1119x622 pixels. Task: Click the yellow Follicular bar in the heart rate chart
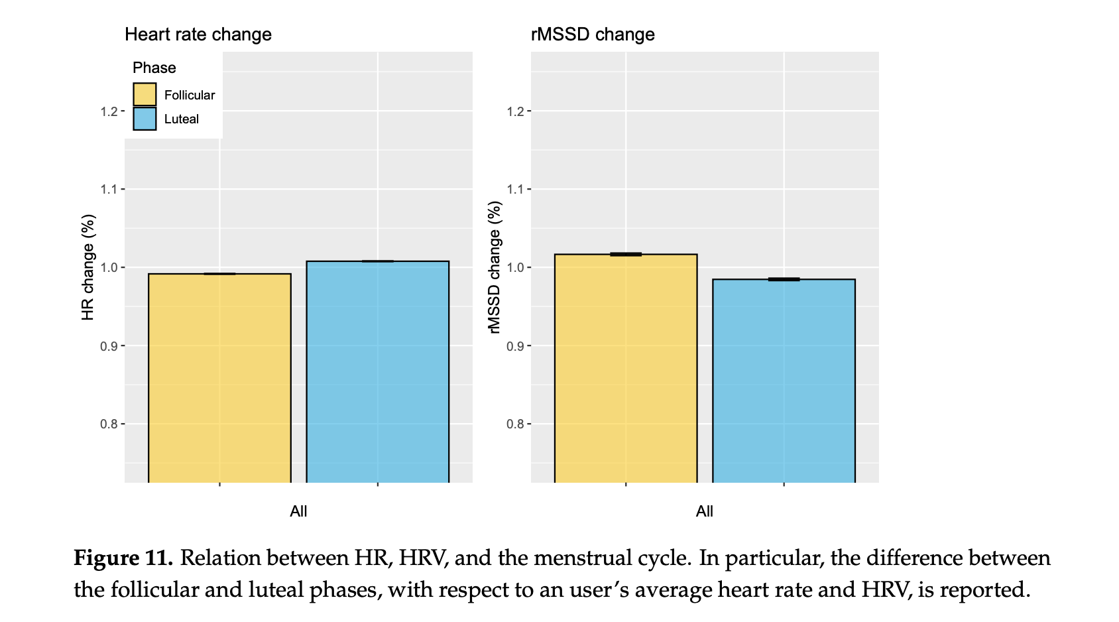(219, 378)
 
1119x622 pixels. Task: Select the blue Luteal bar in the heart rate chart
(377, 371)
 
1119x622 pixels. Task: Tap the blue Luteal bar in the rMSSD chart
(784, 381)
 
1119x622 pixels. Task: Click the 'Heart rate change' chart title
(198, 34)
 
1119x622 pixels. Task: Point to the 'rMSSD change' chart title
(593, 34)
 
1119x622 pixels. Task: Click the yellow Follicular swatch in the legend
(145, 94)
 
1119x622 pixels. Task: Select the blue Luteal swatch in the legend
(145, 119)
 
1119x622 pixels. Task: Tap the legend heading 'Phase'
(154, 68)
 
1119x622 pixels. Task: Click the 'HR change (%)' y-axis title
(88, 267)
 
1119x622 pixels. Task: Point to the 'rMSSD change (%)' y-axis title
(495, 267)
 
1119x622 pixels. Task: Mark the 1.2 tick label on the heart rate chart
(109, 111)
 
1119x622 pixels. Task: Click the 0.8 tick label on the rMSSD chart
(515, 424)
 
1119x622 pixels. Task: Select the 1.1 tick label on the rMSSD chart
(515, 190)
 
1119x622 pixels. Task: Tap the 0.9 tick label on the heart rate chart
(109, 346)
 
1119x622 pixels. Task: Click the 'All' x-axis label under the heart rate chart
(298, 511)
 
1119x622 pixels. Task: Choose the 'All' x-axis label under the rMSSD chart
(704, 511)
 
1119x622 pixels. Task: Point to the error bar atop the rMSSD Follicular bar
(626, 254)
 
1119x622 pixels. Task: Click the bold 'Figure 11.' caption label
(123, 558)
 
